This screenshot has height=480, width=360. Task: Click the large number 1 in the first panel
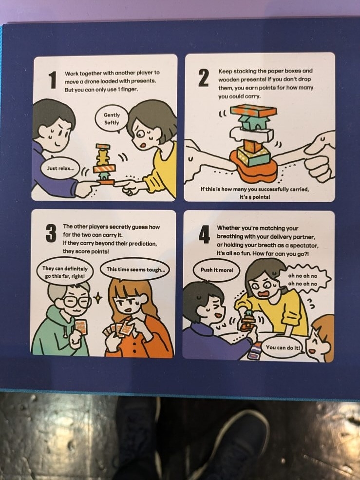pos(53,80)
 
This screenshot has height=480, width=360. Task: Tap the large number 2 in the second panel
pos(204,78)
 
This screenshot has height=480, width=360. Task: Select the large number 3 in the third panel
pos(51,233)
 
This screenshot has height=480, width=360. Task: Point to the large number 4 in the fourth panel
pos(204,234)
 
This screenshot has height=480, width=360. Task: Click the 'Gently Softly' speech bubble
pos(112,119)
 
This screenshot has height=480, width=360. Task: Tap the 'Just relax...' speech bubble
pos(60,168)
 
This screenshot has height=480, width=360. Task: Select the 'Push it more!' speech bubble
pos(217,270)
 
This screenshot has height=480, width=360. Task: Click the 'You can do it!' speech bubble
pos(282,347)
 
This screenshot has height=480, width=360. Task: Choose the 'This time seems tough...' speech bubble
pos(135,269)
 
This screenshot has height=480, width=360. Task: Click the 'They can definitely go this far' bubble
pos(65,272)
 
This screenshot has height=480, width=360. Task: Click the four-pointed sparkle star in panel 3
pos(97,298)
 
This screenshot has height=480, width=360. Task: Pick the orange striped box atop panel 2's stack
pos(253,111)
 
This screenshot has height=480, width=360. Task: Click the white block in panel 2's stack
pos(251,134)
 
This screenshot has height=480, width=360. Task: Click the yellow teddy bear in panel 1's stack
pos(103,156)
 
